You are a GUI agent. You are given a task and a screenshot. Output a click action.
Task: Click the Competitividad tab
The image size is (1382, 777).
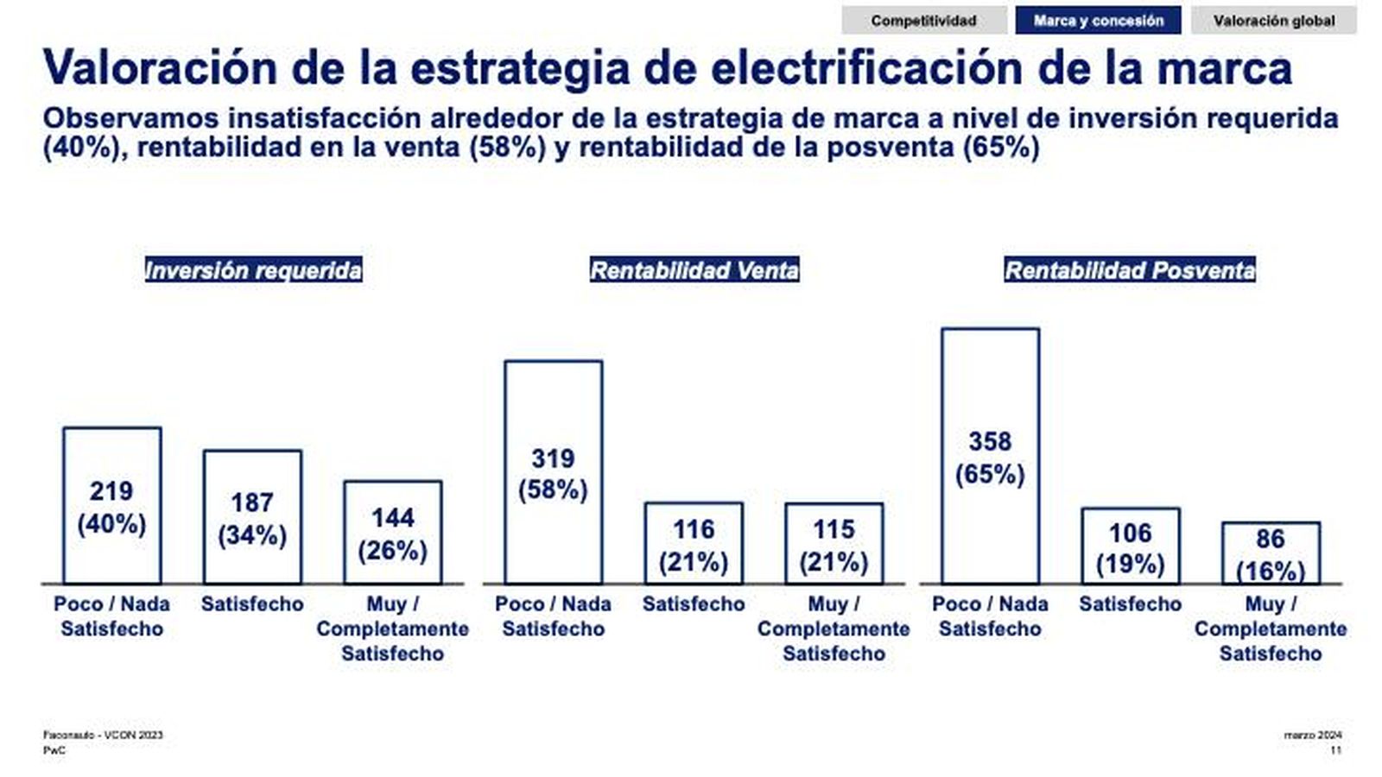923,21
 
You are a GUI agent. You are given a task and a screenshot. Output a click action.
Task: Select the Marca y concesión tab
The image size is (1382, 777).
1098,21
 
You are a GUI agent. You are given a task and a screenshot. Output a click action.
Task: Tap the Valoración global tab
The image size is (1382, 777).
1273,21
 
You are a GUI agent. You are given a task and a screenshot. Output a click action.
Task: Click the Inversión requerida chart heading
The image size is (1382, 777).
253,270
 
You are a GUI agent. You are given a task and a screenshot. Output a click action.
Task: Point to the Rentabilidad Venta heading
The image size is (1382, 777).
694,270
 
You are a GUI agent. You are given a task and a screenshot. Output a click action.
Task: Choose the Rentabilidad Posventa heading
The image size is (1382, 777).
1129,270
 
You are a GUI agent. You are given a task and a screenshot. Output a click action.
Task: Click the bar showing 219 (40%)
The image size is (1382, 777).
112,506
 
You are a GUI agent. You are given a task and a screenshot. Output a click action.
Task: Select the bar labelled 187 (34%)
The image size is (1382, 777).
252,517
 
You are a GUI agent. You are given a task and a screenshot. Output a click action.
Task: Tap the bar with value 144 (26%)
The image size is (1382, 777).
393,533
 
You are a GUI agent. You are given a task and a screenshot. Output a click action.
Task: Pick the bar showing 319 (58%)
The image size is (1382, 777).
553,472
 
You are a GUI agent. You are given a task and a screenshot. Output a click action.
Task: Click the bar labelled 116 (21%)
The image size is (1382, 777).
694,544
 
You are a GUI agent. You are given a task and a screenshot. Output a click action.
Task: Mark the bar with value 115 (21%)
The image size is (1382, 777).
834,544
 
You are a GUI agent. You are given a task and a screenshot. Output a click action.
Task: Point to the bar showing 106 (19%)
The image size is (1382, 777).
1130,546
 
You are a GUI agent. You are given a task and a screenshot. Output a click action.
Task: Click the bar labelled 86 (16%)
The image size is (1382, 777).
1271,553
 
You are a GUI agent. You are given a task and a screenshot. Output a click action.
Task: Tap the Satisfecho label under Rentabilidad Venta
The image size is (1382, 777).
694,604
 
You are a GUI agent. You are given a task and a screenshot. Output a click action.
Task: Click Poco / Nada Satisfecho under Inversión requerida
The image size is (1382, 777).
112,616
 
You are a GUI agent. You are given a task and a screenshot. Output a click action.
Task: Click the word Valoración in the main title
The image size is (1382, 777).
160,67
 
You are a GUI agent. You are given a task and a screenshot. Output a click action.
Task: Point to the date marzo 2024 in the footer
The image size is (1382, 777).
1313,736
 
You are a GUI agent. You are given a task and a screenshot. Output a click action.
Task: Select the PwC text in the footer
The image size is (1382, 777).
54,751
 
